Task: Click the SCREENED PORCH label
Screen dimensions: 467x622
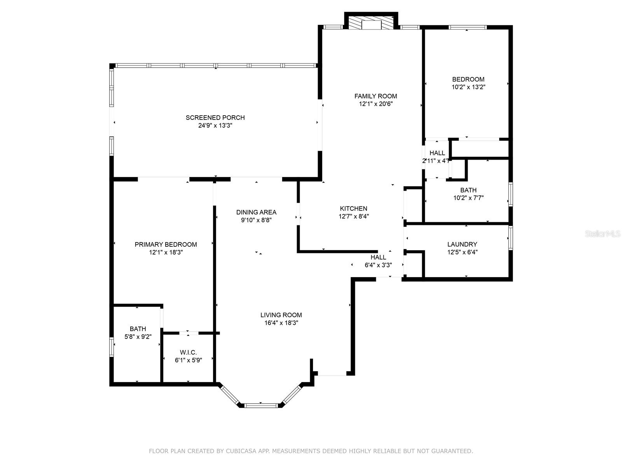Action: pos(215,118)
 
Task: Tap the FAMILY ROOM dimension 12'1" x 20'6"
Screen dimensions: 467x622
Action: pos(376,104)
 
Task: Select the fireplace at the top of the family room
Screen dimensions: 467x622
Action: pos(372,23)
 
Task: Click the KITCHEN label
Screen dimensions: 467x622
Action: pos(353,209)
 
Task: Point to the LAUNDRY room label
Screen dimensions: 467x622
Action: pos(462,244)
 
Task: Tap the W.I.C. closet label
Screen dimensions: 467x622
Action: pos(188,353)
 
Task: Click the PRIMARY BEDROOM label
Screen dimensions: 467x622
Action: pos(166,244)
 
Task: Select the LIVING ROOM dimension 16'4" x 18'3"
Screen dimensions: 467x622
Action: pos(281,323)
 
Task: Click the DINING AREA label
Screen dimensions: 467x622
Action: pos(256,212)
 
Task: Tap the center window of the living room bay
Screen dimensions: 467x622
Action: pos(261,406)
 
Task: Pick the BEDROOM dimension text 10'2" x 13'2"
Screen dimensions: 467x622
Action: pos(468,87)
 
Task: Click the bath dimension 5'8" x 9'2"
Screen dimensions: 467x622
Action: pos(138,337)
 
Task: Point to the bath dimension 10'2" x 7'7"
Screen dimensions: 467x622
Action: pos(468,198)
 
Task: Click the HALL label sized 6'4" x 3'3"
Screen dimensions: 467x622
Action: pos(378,257)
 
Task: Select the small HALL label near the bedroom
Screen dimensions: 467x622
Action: pos(437,153)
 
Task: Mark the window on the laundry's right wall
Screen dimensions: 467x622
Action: pos(510,238)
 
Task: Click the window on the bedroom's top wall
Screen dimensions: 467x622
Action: pos(467,27)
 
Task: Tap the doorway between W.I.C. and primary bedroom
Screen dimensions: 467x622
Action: pos(189,333)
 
